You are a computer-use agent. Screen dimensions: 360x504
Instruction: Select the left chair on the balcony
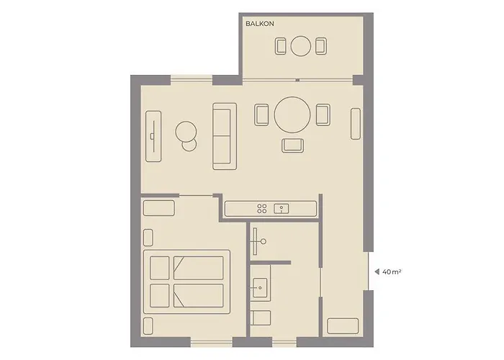[x=280, y=47]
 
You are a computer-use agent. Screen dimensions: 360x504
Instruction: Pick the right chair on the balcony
[x=320, y=47]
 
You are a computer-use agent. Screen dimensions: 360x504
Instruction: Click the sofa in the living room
[x=225, y=135]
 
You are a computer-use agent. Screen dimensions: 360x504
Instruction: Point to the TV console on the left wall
[x=153, y=135]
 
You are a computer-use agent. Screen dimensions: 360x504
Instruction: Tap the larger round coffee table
[x=186, y=131]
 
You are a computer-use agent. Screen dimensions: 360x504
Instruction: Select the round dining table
[x=293, y=114]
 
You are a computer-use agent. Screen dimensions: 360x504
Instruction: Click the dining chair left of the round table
[x=262, y=114]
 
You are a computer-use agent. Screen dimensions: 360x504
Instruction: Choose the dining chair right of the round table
[x=323, y=114]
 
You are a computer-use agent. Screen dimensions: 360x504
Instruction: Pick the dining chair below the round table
[x=293, y=145]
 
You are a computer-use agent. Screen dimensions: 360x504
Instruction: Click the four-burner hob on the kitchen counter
[x=262, y=209]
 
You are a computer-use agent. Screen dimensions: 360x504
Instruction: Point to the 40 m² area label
[x=392, y=272]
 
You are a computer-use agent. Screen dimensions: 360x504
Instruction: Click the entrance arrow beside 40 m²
[x=375, y=272]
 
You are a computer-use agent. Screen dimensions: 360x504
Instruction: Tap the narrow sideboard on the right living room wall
[x=355, y=124]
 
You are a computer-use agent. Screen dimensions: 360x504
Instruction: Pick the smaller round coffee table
[x=190, y=145]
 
